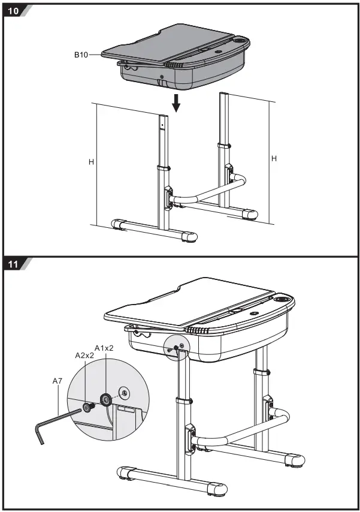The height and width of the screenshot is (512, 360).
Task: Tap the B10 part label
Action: [81, 55]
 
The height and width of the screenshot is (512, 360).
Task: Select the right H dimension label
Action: [274, 158]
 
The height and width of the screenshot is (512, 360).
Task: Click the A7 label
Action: [58, 380]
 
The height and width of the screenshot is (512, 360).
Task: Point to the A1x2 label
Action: [104, 348]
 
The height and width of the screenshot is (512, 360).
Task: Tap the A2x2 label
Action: [84, 356]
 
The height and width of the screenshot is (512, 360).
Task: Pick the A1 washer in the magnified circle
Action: [106, 398]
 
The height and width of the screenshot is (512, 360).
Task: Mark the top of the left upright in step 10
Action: [162, 118]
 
